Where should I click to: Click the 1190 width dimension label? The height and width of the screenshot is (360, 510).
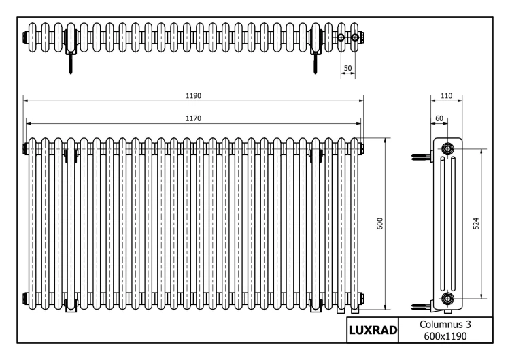(x=194, y=96)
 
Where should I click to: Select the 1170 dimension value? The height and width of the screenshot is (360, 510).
(x=194, y=118)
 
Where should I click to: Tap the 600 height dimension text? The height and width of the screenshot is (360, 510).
(x=380, y=224)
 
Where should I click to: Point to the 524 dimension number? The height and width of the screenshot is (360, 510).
(x=476, y=224)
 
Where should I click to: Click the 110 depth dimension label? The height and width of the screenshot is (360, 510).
(x=446, y=96)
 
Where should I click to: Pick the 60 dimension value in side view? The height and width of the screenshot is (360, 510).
(x=439, y=118)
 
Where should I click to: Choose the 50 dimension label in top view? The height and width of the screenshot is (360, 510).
(x=347, y=68)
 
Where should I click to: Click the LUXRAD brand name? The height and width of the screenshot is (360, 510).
(x=373, y=330)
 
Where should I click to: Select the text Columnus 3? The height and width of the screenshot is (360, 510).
(x=445, y=324)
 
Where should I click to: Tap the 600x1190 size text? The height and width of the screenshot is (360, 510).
(x=445, y=336)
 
